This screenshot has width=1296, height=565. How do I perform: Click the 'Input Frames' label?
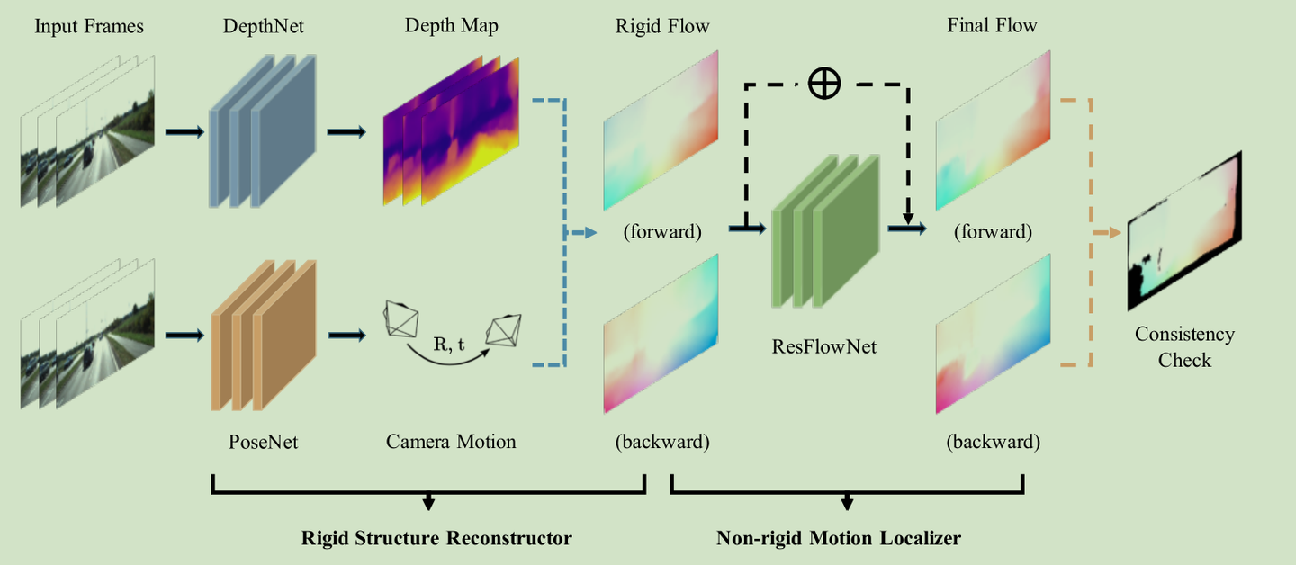tap(89, 26)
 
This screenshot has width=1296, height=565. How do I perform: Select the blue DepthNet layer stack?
tap(262, 132)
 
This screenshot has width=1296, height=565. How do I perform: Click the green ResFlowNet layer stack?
tap(824, 231)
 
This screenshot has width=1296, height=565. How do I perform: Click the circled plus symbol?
tap(823, 84)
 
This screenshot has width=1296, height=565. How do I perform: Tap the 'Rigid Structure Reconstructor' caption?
tap(436, 538)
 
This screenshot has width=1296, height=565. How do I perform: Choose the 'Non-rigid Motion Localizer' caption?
tap(838, 538)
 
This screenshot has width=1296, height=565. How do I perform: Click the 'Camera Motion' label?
tap(451, 442)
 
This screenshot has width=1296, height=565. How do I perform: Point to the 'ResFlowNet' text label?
tap(824, 345)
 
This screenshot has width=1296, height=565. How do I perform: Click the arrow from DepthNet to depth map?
tap(346, 132)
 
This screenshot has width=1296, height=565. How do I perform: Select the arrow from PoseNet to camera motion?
tap(346, 336)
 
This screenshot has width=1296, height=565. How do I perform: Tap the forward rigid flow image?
tap(661, 129)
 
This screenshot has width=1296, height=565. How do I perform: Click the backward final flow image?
tap(993, 333)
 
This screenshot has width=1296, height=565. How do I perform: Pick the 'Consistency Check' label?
tap(1184, 347)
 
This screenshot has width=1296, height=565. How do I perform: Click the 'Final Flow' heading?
tap(992, 26)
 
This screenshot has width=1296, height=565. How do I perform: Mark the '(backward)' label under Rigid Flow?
tap(662, 442)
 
